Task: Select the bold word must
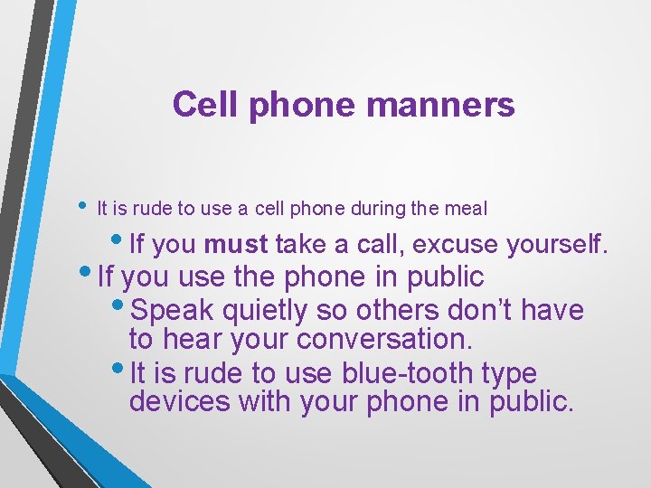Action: (x=235, y=244)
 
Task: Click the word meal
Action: (x=467, y=209)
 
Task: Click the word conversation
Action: (x=399, y=339)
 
